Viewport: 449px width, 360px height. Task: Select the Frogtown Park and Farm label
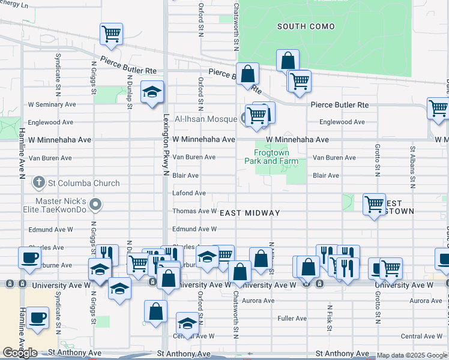click(271, 157)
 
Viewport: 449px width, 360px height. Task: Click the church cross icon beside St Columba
click(39, 182)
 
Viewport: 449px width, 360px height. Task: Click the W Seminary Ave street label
click(52, 104)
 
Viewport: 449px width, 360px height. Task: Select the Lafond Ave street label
click(189, 193)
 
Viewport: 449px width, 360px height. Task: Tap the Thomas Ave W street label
click(194, 211)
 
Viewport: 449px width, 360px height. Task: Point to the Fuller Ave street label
click(292, 318)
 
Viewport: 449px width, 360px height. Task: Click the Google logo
click(20, 353)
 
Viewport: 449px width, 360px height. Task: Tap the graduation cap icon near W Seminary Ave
click(152, 92)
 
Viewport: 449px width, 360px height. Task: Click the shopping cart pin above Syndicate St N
click(112, 34)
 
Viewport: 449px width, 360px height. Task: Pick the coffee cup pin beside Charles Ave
click(29, 258)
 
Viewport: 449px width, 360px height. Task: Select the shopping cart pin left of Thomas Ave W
click(374, 204)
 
